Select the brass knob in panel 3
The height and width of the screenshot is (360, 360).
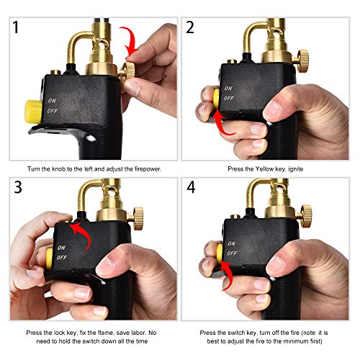click(135, 214)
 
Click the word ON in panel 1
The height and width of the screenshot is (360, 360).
click(52, 101)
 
